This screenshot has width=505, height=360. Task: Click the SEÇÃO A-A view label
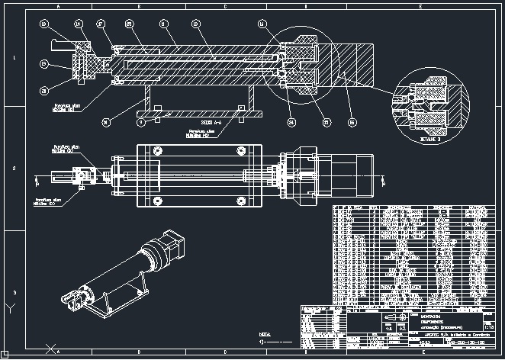tap(211, 122)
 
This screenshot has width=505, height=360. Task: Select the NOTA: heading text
tap(265, 334)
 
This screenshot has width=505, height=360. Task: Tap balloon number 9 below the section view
tap(140, 121)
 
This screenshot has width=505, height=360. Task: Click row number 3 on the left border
tap(13, 291)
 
